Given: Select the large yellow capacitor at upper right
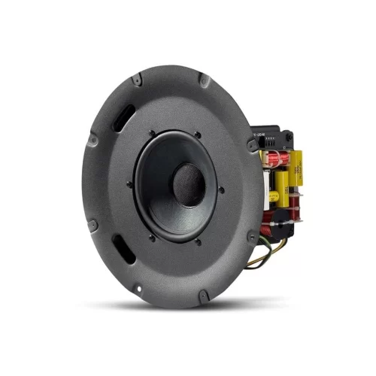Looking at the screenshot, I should (x=289, y=162).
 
